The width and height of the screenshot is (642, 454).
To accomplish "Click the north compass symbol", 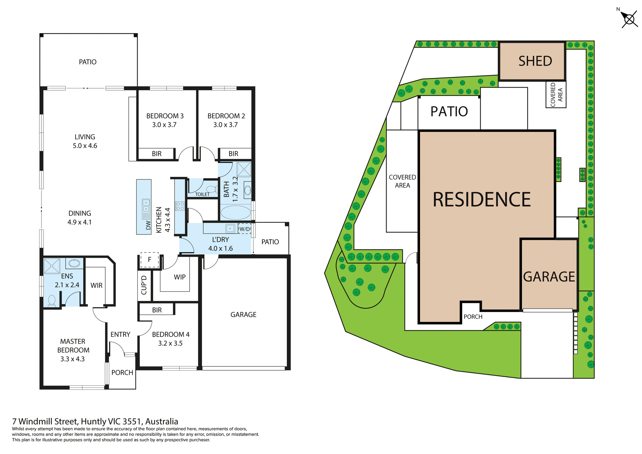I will tap(629, 19).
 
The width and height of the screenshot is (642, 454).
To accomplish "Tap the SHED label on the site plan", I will tap(535, 61).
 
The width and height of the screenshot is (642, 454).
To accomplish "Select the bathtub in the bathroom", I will tap(236, 212).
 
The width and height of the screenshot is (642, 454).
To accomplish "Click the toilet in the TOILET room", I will tap(212, 189).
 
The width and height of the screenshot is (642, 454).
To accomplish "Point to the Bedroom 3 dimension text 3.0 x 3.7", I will tap(164, 125).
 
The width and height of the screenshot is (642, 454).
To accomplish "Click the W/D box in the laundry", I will tap(244, 229).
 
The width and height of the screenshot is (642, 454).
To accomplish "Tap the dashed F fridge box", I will tap(149, 260).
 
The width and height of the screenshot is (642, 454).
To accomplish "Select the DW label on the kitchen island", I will tap(148, 225).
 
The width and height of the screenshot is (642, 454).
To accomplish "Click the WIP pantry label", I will tap(180, 277).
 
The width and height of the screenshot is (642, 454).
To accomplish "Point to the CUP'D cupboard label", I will tap(144, 285).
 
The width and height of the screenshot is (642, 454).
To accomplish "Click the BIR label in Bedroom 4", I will tap(157, 310).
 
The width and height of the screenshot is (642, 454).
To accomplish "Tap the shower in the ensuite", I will tap(52, 266).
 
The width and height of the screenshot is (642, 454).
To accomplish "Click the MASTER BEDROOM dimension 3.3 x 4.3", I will tap(72, 359).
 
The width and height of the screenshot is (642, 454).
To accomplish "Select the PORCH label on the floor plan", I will tap(122, 373).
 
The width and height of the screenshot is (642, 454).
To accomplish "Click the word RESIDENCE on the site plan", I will tap(481, 200).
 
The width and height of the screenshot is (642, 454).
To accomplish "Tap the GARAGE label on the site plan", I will tap(549, 277).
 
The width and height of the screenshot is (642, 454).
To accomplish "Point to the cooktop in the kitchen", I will tap(180, 206).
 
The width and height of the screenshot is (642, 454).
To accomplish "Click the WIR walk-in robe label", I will tap(96, 285).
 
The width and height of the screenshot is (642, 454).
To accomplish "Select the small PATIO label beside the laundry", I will tap(270, 242).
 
